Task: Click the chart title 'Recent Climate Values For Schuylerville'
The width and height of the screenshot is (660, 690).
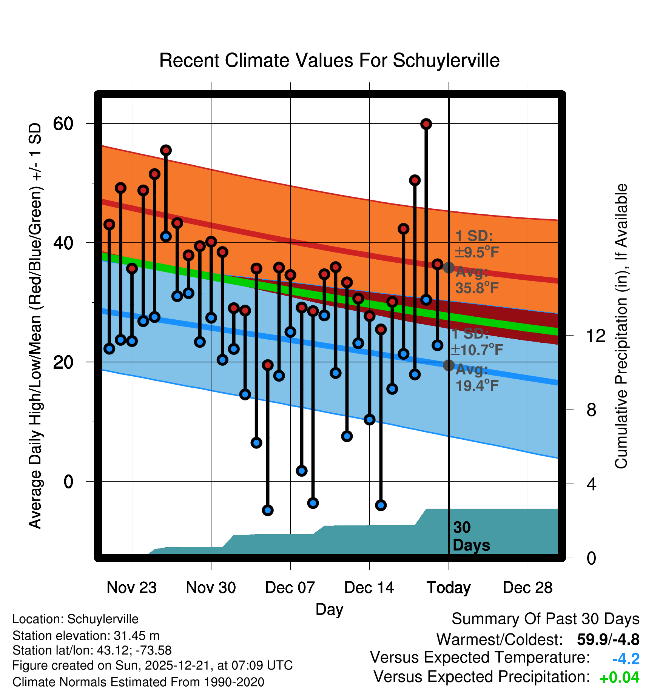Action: pos(329,60)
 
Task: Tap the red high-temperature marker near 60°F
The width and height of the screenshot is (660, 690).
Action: pos(426,124)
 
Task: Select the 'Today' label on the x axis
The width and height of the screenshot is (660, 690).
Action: pos(449,588)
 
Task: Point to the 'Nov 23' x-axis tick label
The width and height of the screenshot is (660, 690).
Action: pos(131,588)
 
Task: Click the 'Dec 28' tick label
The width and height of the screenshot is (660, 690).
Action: pos(527,588)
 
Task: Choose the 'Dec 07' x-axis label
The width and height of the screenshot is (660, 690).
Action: pos(290,588)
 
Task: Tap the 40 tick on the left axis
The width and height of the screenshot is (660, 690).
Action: pos(63,243)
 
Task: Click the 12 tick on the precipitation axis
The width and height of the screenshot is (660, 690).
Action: pos(595,336)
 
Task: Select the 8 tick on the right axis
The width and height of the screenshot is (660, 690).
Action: pos(592,410)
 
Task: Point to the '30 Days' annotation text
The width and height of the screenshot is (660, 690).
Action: pos(471,536)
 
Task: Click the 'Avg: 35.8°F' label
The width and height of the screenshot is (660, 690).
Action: pos(476,280)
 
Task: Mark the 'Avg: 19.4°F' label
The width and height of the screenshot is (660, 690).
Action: pos(476,377)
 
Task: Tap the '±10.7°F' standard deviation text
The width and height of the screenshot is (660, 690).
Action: pos(477,350)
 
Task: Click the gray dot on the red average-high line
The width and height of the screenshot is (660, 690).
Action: pos(449,268)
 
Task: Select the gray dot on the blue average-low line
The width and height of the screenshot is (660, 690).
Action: pos(449,365)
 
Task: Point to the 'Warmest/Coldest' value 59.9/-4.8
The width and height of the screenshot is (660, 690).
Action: pos(608,639)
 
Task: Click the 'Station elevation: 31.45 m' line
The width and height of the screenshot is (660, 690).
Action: pos(86,636)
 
